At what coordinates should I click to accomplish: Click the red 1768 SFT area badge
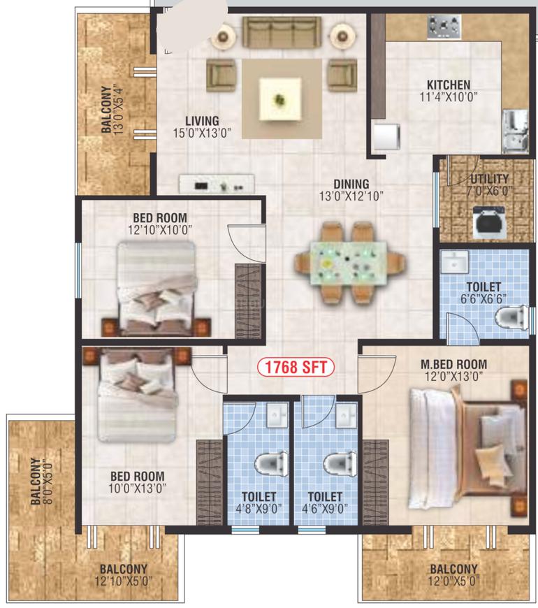tap(296, 367)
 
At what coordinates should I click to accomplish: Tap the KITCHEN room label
tap(449, 85)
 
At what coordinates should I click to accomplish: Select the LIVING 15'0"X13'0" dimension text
tap(202, 133)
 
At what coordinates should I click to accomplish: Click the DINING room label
tap(351, 184)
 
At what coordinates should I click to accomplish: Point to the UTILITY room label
tap(489, 179)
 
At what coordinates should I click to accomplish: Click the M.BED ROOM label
tap(454, 364)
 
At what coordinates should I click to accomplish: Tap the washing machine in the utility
tap(489, 222)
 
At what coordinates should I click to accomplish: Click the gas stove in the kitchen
tap(444, 27)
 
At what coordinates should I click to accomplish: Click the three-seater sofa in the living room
tap(282, 32)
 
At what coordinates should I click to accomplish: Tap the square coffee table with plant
tap(280, 99)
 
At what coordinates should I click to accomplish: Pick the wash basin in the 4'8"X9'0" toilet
tap(277, 414)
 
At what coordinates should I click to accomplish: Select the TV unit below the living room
tap(217, 184)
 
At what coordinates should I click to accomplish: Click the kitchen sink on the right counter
tap(515, 131)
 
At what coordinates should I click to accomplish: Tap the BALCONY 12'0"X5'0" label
tap(454, 575)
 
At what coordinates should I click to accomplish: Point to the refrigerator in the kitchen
tap(386, 136)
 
